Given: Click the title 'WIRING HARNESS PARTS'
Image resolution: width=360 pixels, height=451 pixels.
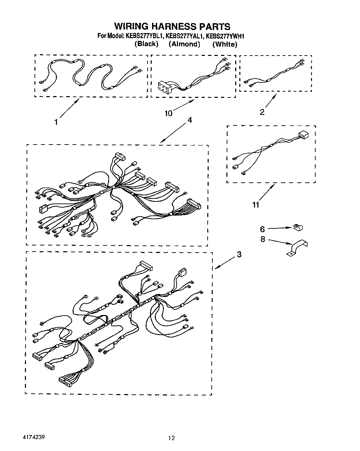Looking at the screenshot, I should point(172,27).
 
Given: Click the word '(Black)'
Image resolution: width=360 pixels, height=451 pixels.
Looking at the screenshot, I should point(146,44).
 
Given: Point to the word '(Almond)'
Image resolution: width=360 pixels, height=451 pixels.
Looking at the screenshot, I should point(184,44).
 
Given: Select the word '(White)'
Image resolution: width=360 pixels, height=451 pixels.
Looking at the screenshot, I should point(225,44).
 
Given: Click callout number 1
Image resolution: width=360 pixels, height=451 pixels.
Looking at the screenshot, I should point(57,122).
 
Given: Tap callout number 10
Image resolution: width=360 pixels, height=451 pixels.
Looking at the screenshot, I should point(168,114).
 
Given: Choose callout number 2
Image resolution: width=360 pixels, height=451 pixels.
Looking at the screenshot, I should point(262,112).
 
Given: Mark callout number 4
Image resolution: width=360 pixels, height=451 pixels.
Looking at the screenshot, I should point(190,120).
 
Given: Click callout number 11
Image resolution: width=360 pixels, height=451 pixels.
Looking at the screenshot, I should point(256,205).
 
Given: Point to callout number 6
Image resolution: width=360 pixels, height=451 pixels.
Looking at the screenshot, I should point(262,229).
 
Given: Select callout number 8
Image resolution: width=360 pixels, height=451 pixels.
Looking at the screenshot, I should point(262,239).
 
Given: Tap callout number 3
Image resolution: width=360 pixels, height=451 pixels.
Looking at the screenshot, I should point(239,254).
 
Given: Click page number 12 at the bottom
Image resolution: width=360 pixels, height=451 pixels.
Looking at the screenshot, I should point(171,438).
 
